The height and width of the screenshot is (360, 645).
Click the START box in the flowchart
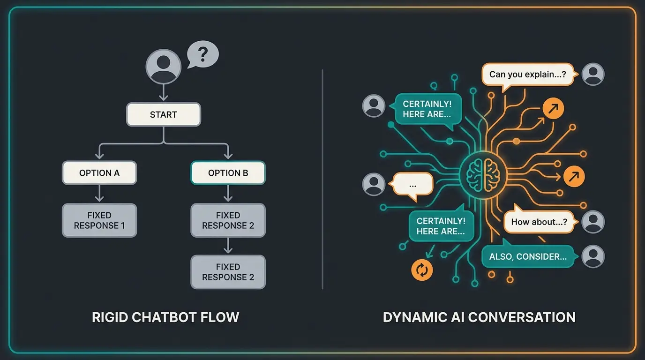point(164,114)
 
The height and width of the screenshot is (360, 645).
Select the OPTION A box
point(99,173)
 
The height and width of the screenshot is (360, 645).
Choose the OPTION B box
point(228,173)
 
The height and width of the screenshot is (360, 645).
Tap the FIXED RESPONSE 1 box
point(99,220)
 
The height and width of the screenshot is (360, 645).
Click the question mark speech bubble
point(202,54)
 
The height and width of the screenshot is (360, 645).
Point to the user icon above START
point(163,67)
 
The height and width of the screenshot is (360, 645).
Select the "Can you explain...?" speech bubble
point(527,75)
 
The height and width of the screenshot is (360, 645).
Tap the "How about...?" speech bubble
point(539,222)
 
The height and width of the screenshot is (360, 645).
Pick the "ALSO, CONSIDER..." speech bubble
point(528,256)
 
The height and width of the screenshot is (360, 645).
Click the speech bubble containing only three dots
point(412,184)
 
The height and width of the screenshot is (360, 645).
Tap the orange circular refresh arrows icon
point(422,270)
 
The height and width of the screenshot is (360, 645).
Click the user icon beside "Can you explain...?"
point(593,74)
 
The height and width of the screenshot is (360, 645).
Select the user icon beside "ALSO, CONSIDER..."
point(593,256)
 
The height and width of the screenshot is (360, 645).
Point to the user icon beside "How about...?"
point(593,222)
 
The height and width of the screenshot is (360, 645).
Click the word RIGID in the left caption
point(111,317)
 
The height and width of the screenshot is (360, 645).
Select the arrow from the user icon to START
point(163,92)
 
